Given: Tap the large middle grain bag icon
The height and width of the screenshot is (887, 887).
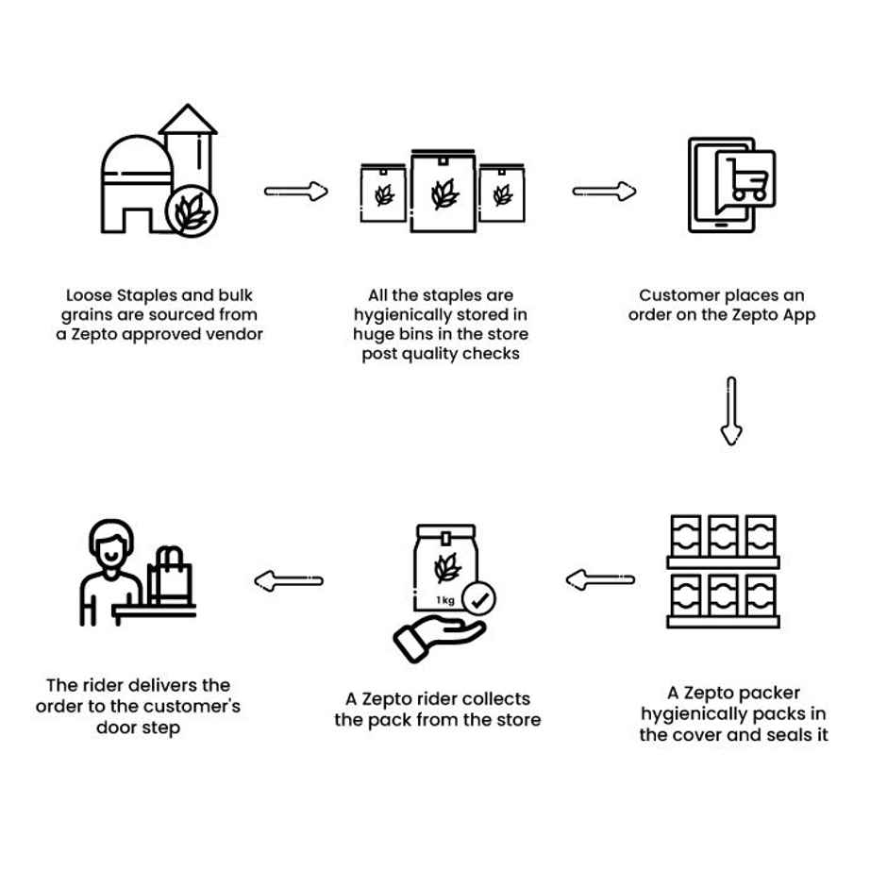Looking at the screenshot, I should pyautogui.click(x=443, y=191).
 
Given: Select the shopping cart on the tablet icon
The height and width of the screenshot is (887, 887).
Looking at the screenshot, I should pyautogui.click(x=746, y=179).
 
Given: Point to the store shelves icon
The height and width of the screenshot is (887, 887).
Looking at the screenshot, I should pyautogui.click(x=724, y=572).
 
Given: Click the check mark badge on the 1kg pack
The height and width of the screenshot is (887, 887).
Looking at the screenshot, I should pyautogui.click(x=482, y=598).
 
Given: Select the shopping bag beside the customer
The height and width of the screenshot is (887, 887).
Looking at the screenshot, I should pyautogui.click(x=171, y=577).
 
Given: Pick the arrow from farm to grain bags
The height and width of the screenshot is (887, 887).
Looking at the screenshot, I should pyautogui.click(x=296, y=192).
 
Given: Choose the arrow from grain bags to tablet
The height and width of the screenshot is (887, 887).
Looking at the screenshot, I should pyautogui.click(x=604, y=192).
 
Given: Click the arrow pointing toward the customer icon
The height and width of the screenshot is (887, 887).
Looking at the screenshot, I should pyautogui.click(x=289, y=579).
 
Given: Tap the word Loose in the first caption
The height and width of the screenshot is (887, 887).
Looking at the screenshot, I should pyautogui.click(x=88, y=295).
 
